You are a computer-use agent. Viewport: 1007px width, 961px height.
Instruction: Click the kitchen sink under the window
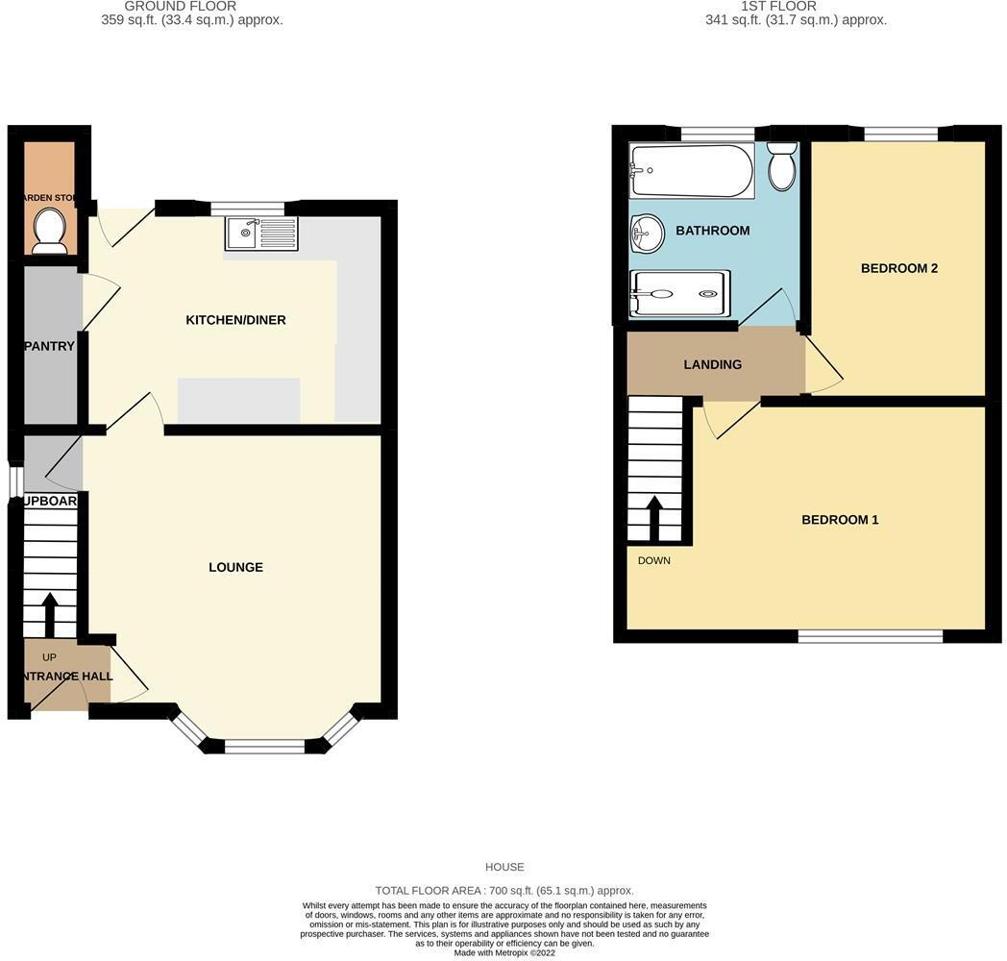(x=262, y=233)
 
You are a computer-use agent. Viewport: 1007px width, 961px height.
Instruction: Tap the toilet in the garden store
(x=48, y=231)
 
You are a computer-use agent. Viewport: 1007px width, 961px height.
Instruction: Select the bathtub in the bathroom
(x=692, y=171)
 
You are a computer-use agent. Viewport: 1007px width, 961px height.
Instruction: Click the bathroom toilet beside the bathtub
(x=782, y=167)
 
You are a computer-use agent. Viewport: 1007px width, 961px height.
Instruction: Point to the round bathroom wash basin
(x=648, y=234)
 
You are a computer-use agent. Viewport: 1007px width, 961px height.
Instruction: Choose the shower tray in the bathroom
(x=678, y=293)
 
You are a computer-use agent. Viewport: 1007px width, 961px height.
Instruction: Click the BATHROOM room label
(x=712, y=231)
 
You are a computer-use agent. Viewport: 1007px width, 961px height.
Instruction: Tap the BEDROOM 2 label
(x=898, y=268)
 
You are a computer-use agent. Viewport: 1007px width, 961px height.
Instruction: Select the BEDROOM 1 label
(x=840, y=520)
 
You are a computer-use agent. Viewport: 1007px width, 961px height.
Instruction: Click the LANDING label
(x=712, y=364)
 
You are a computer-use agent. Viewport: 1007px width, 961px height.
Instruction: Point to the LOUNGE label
(x=235, y=567)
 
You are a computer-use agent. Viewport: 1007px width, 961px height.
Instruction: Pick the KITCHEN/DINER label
(x=235, y=320)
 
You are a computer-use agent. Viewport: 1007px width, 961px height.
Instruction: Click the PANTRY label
(x=50, y=346)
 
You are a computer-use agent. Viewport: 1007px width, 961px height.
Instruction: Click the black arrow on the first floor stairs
(x=654, y=518)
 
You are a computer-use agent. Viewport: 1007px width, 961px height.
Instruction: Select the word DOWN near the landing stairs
(x=654, y=560)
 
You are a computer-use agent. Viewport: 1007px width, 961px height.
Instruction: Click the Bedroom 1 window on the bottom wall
(x=871, y=636)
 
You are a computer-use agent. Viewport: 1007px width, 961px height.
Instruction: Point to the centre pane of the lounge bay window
(x=264, y=746)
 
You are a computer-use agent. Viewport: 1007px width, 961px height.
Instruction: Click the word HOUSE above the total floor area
(x=504, y=867)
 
